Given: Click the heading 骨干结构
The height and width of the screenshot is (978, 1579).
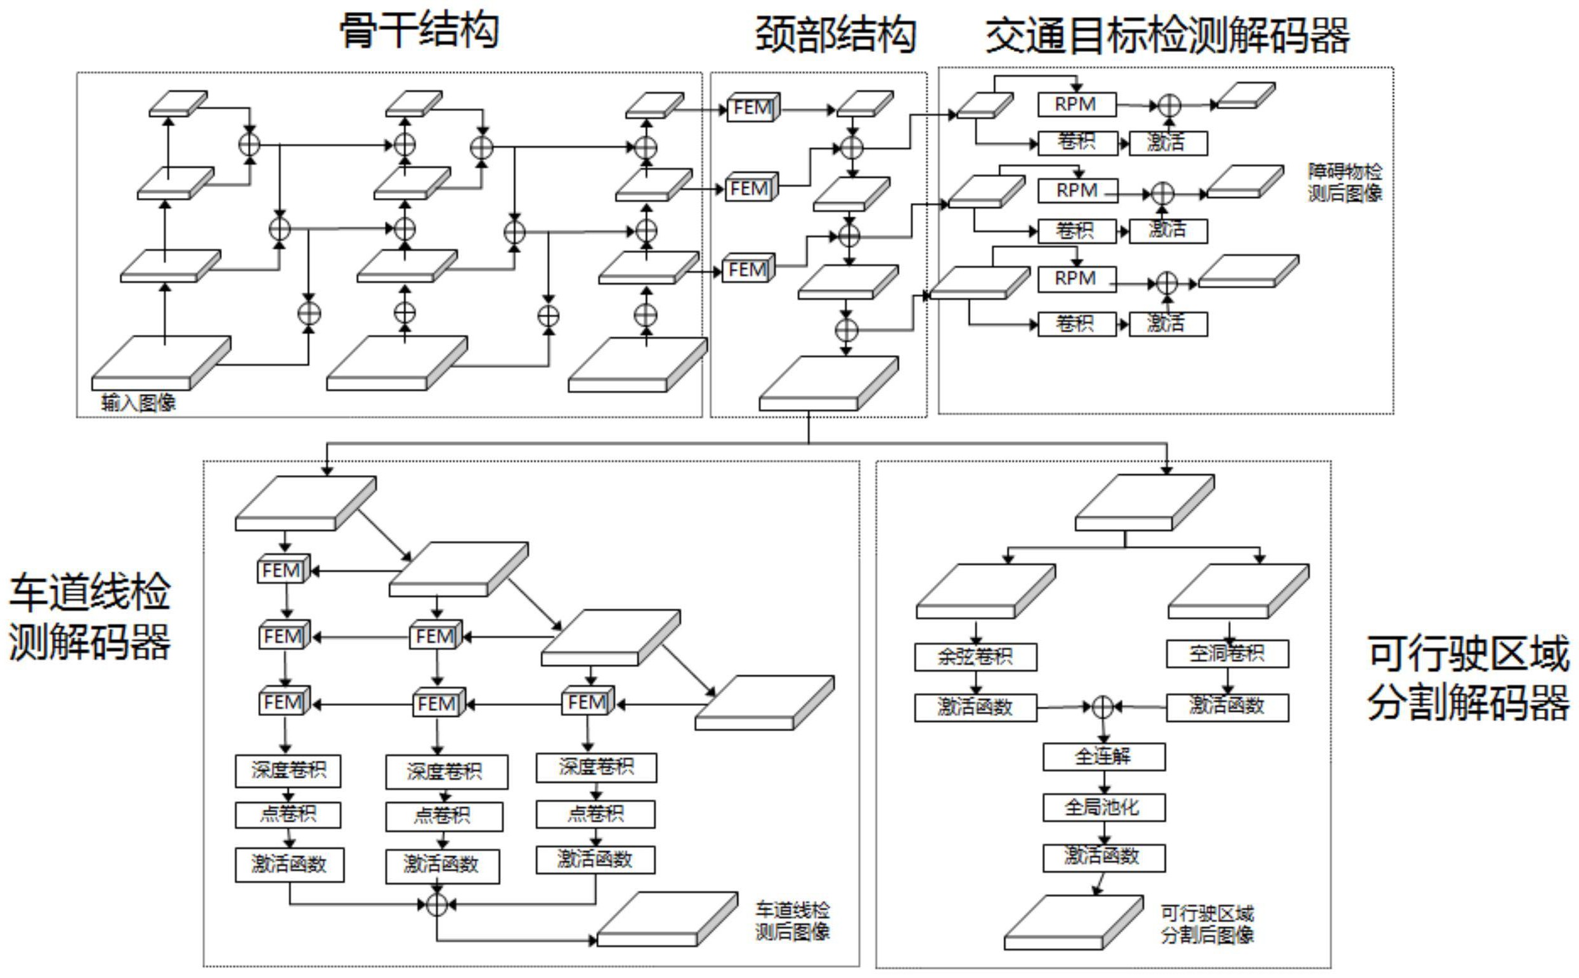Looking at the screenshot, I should (419, 30).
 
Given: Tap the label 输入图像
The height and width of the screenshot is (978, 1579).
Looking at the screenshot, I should (138, 403).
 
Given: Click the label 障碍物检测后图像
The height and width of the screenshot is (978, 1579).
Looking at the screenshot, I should (1344, 183).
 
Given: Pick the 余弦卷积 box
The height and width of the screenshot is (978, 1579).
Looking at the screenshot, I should (975, 657).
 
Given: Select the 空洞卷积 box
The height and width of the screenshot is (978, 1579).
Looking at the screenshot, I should (1226, 654).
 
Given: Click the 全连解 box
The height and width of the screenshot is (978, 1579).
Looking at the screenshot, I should (1103, 756).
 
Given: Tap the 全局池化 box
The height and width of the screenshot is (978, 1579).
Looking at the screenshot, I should (1103, 807).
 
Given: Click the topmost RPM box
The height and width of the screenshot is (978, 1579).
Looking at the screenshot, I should (1076, 104).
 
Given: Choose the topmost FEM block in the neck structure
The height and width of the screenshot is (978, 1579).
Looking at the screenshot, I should (752, 107).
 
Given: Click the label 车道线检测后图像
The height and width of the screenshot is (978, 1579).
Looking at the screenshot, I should (792, 921).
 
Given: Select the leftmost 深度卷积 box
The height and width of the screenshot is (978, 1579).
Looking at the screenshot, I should (288, 771).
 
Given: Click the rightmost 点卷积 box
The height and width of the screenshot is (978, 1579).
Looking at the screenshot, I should (595, 814).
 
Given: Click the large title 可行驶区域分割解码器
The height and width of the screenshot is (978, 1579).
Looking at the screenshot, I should (1468, 678).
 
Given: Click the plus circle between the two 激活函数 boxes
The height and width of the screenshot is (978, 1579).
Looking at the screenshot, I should (1103, 707).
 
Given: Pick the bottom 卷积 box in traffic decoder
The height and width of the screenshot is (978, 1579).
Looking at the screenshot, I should (1076, 323).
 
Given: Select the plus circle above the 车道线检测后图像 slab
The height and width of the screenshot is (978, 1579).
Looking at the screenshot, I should (437, 905).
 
